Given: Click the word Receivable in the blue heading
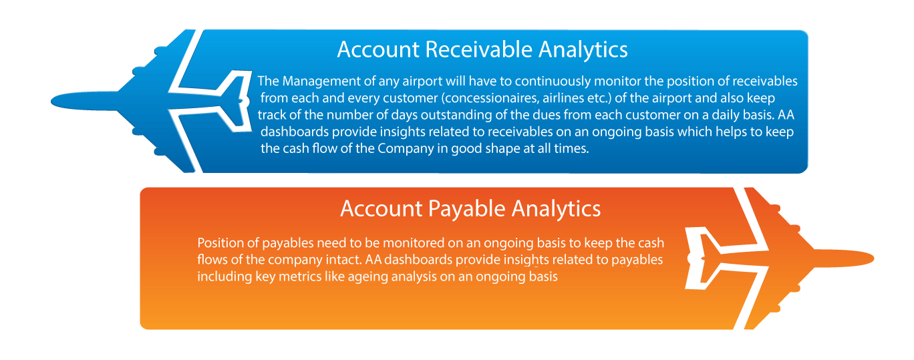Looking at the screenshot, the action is point(478,49).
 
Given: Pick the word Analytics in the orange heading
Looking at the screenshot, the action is point(556,210).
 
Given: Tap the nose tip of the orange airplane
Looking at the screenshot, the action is point(873,258).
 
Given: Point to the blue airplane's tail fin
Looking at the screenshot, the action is point(237,101).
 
